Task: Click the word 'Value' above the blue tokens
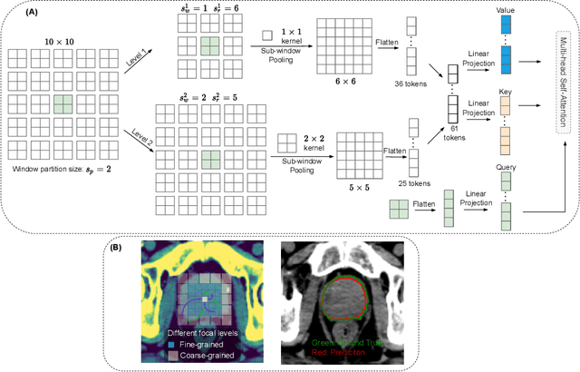click(505, 9)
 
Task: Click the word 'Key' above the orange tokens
click(506, 91)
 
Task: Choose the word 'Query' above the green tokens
click(506, 168)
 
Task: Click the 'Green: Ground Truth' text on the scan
click(342, 343)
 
